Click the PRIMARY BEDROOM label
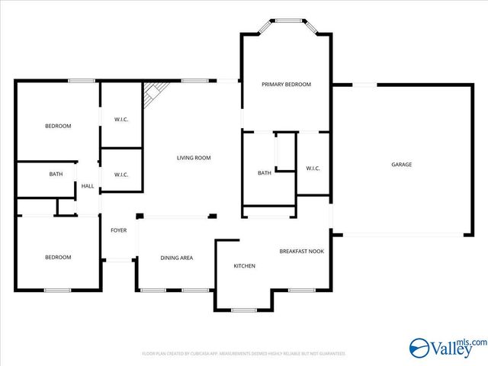point(286,84)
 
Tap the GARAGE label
point(401,165)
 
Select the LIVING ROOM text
point(194,158)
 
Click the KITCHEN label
point(244,265)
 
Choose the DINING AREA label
point(176,258)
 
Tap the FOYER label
point(118,230)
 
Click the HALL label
point(88,186)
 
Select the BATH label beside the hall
point(56,174)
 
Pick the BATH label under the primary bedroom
point(264,173)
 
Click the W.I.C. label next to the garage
point(313,168)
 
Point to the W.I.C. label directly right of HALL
point(121,175)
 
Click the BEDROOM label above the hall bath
point(58,126)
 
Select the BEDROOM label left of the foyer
point(58,257)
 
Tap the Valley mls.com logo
point(448,348)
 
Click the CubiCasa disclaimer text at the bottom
point(244,354)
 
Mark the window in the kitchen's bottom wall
point(244,310)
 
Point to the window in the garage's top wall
point(364,85)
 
